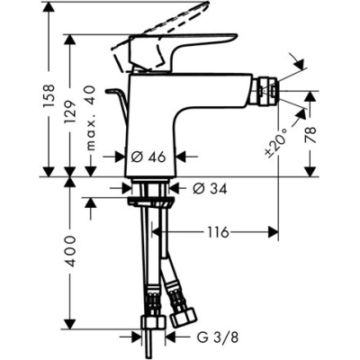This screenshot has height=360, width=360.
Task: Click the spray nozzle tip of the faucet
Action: click(265, 90)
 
